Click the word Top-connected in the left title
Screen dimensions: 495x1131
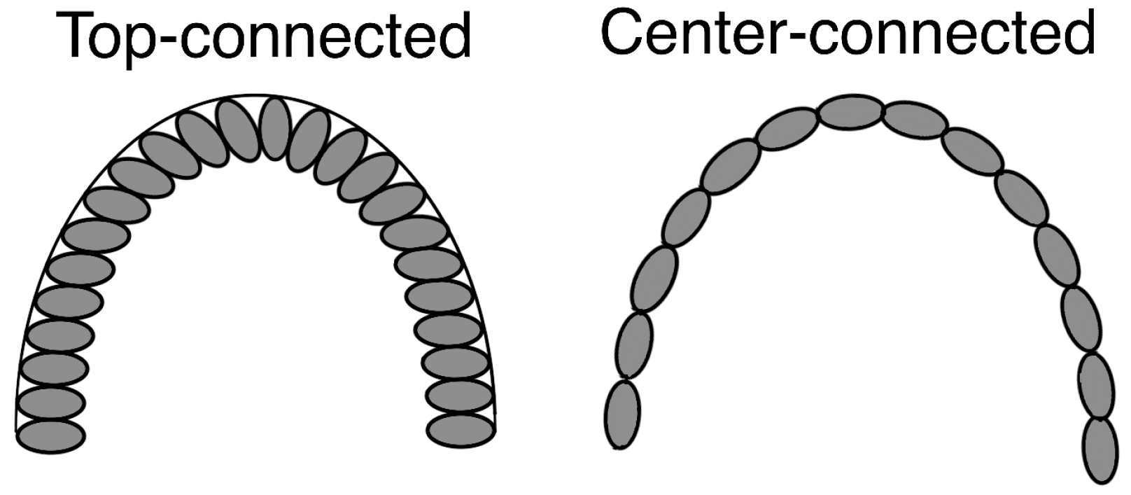coord(267,36)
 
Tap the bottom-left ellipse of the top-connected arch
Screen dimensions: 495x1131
coord(51,435)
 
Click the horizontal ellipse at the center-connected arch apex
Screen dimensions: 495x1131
coord(851,113)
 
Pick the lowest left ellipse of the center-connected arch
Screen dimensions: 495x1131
coord(621,414)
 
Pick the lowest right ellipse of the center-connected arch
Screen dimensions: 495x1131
coord(1100,449)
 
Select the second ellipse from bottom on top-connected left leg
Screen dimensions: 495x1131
coord(52,403)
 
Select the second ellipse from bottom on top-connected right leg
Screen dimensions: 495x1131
coord(458,396)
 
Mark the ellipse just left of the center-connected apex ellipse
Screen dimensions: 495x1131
coord(787,128)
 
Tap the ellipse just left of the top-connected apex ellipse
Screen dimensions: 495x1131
coord(238,130)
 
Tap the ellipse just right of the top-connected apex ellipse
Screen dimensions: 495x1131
coord(308,139)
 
